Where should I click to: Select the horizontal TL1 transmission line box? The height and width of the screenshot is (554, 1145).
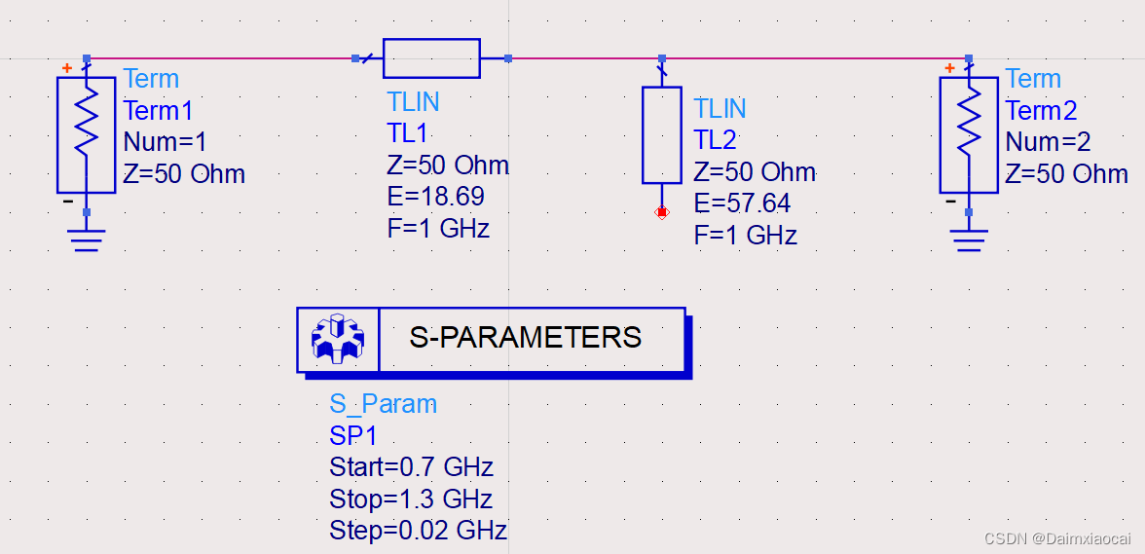coord(431,58)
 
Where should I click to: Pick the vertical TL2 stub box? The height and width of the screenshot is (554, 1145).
coord(662,134)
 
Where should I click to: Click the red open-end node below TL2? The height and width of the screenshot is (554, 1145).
coord(662,211)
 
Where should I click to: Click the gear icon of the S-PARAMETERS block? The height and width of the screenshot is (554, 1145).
coord(337,339)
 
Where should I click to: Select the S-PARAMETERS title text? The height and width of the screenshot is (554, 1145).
coord(525,338)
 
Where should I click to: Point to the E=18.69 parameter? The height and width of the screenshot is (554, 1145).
coord(435,198)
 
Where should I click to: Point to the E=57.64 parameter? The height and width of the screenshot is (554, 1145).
coord(742,203)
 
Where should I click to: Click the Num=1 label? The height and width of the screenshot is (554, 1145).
coord(166,142)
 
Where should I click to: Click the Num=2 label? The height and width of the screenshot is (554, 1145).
coord(1048,142)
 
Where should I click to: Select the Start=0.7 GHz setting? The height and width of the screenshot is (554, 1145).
coord(411,466)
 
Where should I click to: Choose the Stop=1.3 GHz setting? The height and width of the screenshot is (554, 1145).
coord(411,499)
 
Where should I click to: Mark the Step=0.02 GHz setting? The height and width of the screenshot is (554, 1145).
coord(418,531)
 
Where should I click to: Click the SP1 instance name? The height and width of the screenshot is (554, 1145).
coord(352,435)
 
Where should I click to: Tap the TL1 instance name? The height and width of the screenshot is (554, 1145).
coord(407,133)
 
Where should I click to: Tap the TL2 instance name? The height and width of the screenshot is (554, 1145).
coord(716,139)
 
